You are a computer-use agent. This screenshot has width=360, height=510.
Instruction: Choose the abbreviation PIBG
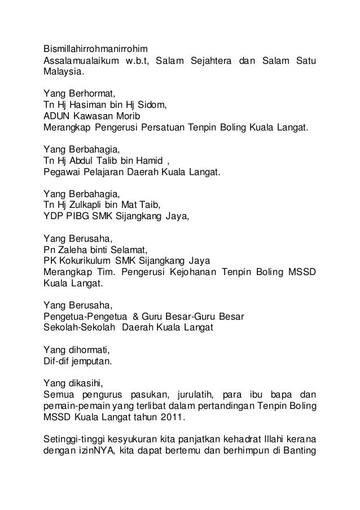[78, 216]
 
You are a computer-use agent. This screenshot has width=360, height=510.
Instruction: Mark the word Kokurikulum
[89, 260]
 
